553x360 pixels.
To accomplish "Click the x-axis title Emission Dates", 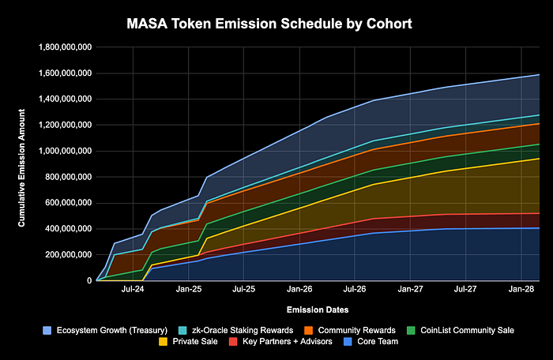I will point(318,309).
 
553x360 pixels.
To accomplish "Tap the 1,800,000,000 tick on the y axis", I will point(65,47).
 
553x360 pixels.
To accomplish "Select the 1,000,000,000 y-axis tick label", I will point(65,151).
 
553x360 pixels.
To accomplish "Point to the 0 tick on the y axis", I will point(88,280).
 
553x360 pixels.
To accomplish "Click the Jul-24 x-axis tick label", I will point(133,291).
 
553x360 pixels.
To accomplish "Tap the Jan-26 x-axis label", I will point(300,291).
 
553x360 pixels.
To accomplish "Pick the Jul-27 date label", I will point(466,291).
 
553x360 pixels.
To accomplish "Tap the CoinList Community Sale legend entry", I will point(459,328).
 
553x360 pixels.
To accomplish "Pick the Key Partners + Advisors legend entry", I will point(273,342).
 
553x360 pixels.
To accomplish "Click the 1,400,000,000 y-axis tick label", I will point(65,99).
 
